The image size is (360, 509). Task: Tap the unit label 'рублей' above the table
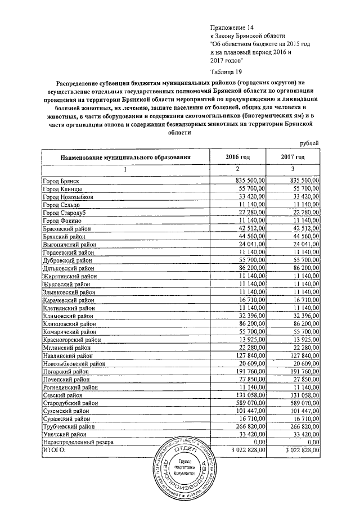309,145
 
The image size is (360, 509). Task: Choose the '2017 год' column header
292,157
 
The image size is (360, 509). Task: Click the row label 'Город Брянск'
61,181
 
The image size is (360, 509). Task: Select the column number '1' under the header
125,169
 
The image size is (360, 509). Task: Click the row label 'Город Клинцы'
62,188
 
